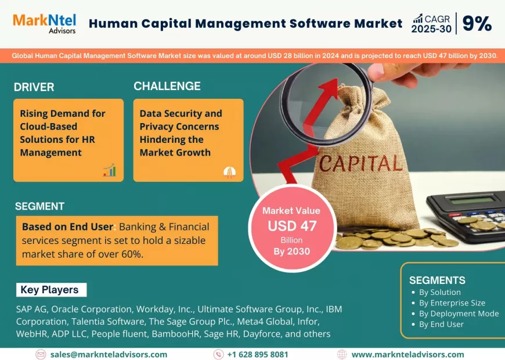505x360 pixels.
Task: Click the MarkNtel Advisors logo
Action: coord(44,23)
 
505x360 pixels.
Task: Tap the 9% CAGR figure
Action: coord(477,24)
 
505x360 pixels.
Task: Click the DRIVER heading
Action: coord(34,87)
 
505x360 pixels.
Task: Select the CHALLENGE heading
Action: coord(167,86)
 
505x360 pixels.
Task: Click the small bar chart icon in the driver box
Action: coord(109,170)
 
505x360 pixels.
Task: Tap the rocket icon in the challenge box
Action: coord(229,171)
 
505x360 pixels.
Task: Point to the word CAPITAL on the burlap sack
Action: coord(360,164)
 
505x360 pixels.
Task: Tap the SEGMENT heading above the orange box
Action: coord(39,206)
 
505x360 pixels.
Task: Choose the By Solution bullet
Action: coord(439,292)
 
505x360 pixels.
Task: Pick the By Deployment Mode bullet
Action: coord(459,314)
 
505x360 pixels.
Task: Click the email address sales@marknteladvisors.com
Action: coord(109,354)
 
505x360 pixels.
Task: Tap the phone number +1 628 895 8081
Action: coord(257,354)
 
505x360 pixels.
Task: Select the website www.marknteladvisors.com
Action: coord(407,354)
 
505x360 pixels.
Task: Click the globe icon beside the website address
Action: coord(342,354)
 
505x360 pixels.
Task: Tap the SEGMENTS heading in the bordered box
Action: coord(437,280)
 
